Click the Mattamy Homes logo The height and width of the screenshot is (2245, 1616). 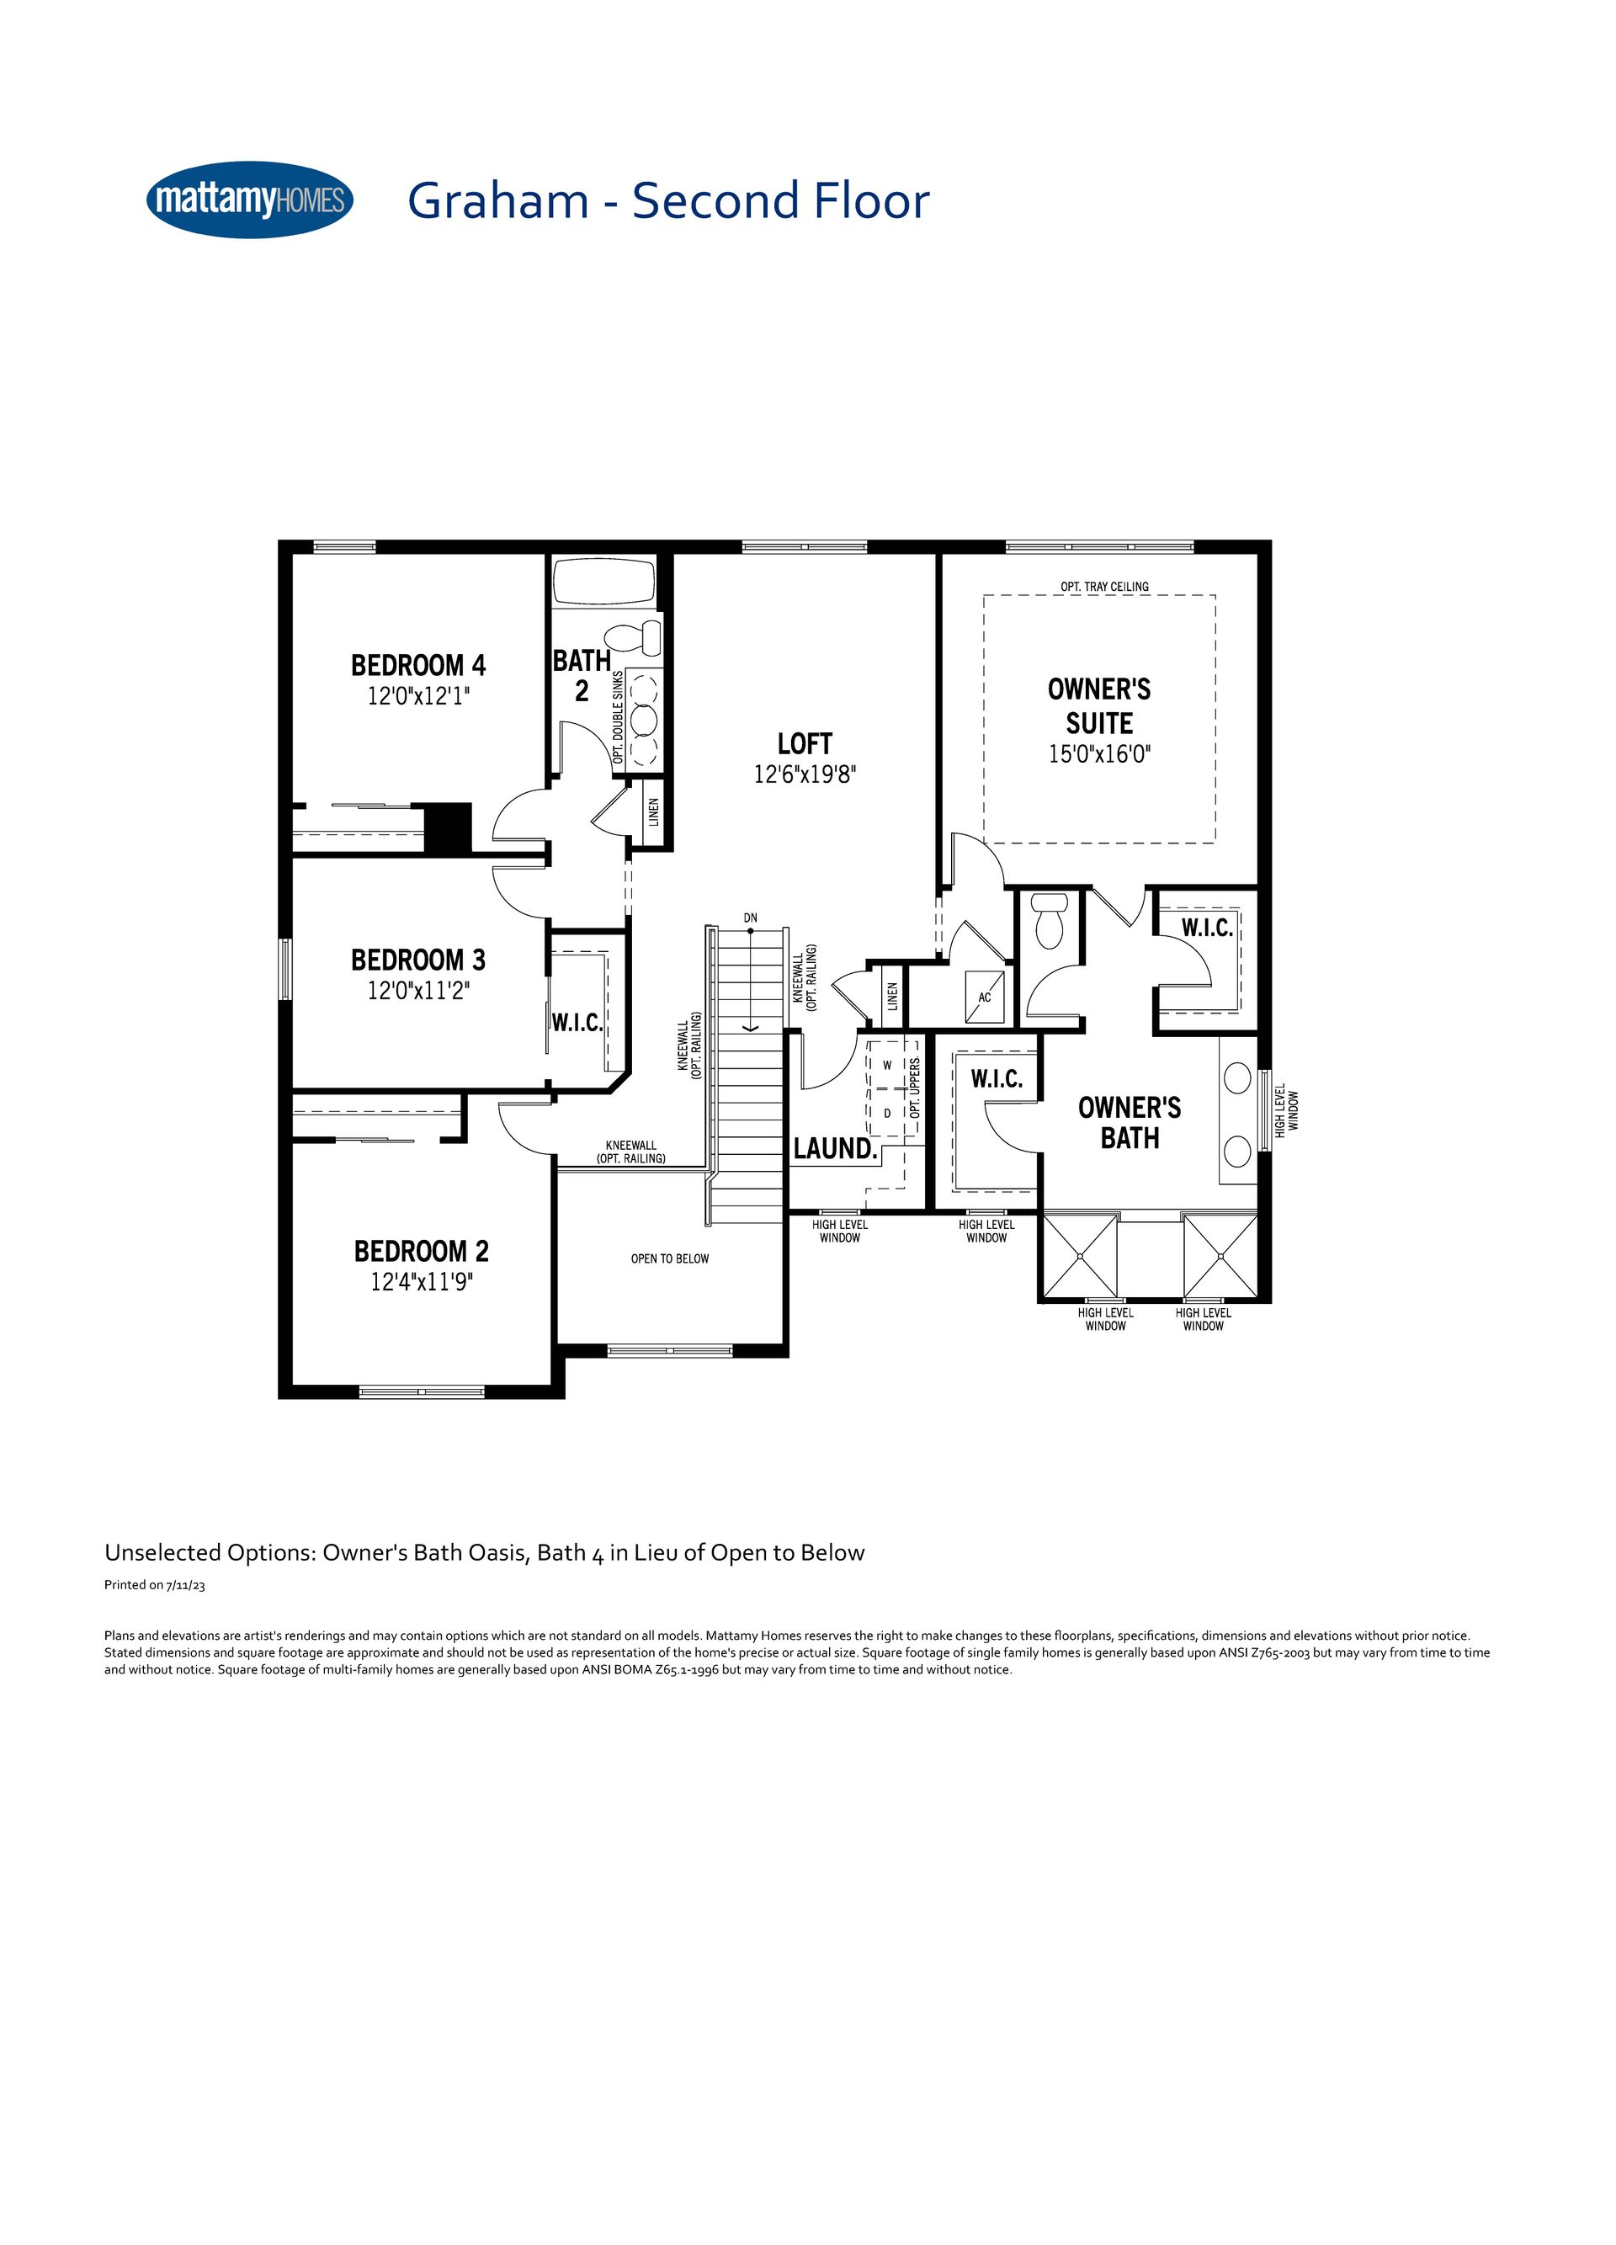pos(249,200)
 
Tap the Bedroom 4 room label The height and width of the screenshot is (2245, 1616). pos(418,664)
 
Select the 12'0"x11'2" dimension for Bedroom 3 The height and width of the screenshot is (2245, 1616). pos(418,990)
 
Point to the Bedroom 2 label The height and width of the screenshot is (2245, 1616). pos(422,1251)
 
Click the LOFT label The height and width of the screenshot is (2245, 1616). pos(805,743)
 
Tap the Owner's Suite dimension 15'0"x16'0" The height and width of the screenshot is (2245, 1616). pos(1099,754)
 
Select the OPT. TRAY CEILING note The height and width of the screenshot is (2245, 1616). pos(1104,587)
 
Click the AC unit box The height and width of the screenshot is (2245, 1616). pos(986,997)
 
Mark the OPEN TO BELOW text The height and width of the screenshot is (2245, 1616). pos(670,1259)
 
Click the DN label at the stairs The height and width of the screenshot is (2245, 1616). pos(751,918)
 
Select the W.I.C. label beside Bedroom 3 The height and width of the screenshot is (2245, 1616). pos(577,1023)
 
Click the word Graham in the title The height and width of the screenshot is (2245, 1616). pos(497,201)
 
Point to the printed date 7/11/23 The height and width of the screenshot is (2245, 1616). pos(186,1585)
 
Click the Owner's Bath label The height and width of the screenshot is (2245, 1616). pos(1130,1123)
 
